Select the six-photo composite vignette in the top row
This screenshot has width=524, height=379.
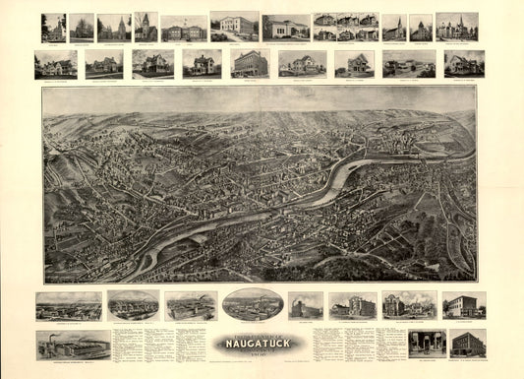coord(345,27)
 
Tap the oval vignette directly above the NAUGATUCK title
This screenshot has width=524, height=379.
coord(253,304)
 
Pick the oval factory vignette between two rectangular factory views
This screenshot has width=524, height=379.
coord(133,305)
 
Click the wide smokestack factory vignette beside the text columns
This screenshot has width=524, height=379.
coord(73,344)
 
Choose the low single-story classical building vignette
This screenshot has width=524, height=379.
coord(285,27)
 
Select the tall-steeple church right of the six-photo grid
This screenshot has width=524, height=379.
coord(393,27)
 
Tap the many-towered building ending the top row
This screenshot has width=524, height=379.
coord(456,27)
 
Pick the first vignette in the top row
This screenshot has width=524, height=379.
coord(53,27)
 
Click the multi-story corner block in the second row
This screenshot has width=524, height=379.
coord(250,64)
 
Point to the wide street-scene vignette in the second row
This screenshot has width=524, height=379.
coord(409,64)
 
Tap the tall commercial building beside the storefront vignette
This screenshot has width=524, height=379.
coord(468,344)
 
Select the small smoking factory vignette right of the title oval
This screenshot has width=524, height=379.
coord(306,305)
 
